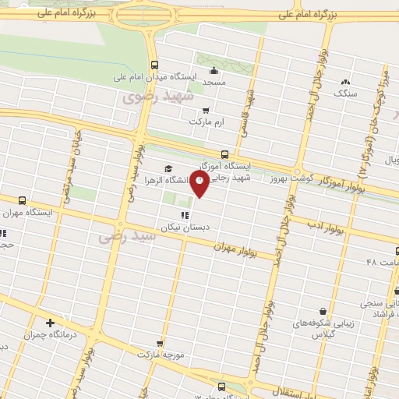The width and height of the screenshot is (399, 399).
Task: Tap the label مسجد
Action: click(214, 81)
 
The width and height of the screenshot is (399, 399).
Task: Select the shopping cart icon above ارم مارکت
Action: click(206, 111)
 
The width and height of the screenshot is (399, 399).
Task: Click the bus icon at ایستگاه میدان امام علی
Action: click(154, 65)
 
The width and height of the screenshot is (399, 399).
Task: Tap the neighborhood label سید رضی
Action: click(128, 236)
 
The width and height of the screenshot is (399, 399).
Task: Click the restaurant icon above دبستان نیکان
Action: click(185, 215)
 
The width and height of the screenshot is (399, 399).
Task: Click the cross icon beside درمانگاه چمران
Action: click(51, 323)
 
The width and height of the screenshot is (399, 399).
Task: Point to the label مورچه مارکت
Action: click(160, 354)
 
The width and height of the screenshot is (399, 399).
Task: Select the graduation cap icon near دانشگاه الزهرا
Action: click(167, 169)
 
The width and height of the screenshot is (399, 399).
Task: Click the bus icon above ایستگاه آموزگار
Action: click(225, 154)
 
